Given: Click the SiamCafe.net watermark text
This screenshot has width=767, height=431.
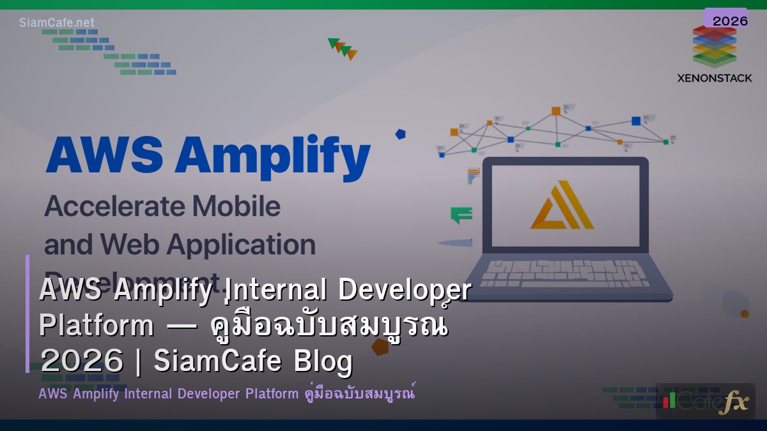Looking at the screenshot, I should click(x=57, y=23).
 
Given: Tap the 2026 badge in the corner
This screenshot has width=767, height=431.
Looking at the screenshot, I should click(x=729, y=20).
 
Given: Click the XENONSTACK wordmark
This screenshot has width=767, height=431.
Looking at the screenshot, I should click(x=714, y=78).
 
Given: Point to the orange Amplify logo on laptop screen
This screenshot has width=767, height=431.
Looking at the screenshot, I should click(x=561, y=205).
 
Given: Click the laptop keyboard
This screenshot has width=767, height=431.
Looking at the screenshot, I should click(x=565, y=273).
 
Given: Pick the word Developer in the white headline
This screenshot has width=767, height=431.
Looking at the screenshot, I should click(x=404, y=290).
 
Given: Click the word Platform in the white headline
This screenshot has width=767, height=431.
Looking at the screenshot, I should click(x=97, y=326).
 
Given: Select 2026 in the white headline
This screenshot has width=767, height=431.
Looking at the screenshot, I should click(x=81, y=362).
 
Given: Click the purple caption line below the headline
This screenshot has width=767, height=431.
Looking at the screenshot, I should click(x=227, y=393).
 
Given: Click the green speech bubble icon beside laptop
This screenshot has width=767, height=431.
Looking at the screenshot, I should click(x=461, y=215).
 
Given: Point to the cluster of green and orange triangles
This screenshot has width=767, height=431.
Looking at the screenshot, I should click(x=343, y=49).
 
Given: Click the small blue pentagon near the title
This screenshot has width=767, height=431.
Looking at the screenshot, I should click(x=400, y=134).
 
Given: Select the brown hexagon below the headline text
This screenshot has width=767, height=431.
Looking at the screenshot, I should click(x=380, y=347).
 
